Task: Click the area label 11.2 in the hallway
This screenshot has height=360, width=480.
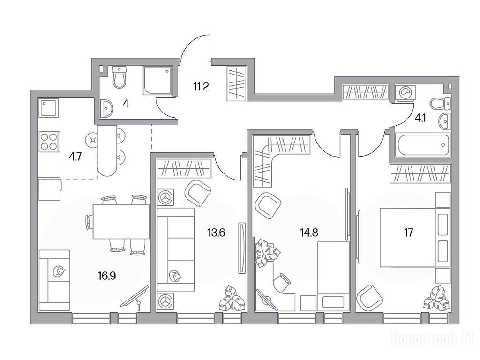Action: pos(201,87)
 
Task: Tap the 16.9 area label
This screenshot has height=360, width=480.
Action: pos(107,277)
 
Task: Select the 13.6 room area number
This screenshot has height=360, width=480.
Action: pos(216,233)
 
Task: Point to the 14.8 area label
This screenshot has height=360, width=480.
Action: pos(308,232)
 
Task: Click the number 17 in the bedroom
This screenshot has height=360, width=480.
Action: pos(408,232)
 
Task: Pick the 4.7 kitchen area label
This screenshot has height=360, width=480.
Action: pos(75,157)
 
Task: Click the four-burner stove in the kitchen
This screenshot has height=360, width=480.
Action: pos(49,142)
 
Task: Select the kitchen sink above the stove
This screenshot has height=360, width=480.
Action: pos(49,107)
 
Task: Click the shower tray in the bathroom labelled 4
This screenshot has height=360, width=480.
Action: pos(157,81)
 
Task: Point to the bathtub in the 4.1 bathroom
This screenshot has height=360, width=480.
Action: pos(422,144)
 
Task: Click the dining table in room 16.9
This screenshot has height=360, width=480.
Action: pos(121,222)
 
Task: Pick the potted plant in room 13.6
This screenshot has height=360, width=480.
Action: pos(232,298)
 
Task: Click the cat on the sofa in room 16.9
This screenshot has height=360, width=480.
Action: pos(59,271)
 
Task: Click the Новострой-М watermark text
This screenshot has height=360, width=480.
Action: pos(433,338)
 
